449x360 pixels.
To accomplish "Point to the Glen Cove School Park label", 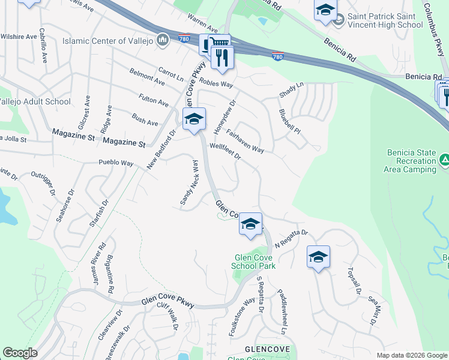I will pos(255,262).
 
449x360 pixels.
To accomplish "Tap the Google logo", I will pos(20,353).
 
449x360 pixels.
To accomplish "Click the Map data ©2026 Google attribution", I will pos(411,355).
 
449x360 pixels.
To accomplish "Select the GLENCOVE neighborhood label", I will pos(268,349).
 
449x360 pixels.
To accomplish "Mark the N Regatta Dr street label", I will pos(291,239).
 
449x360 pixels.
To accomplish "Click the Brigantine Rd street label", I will pos(110,274).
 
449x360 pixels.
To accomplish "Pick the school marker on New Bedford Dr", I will pos(194,119).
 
